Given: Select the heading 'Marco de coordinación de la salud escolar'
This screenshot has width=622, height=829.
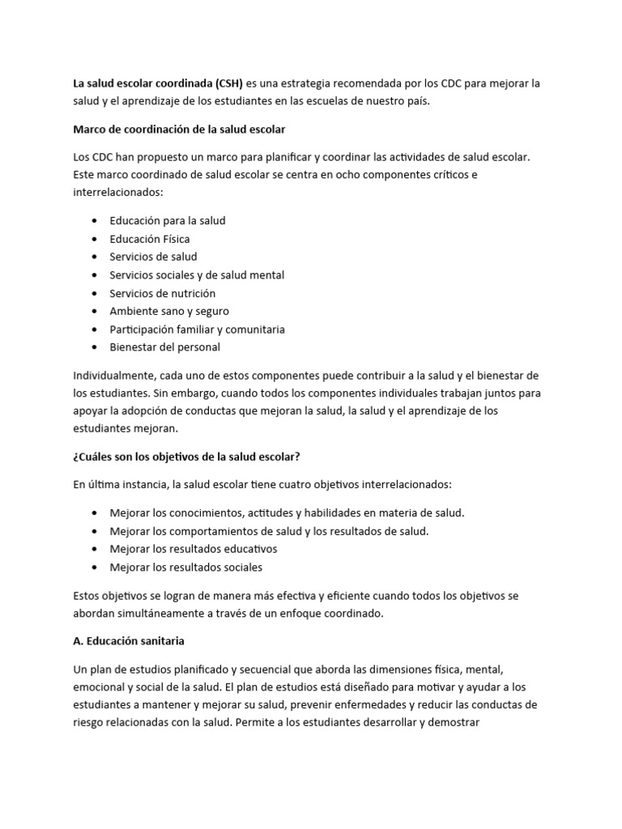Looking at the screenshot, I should (x=179, y=129).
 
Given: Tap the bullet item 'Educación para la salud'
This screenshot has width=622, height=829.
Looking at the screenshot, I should (x=168, y=220).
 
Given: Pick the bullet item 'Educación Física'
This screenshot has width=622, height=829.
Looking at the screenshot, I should (x=150, y=239).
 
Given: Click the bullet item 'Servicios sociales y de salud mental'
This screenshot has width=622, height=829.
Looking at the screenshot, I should (x=197, y=275).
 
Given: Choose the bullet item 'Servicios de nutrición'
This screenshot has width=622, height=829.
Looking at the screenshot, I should (x=163, y=293).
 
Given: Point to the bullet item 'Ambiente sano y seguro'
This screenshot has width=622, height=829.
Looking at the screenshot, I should (x=169, y=311).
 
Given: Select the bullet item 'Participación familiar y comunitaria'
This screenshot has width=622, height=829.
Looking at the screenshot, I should (x=197, y=329).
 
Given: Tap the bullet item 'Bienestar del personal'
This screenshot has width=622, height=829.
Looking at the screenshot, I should (x=164, y=347).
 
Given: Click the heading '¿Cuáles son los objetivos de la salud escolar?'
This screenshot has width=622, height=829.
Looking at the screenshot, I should (x=187, y=457).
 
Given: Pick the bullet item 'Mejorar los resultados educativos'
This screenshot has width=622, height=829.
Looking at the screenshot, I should (x=193, y=549).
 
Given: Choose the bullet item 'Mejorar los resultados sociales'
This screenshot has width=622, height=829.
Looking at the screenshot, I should (x=186, y=568).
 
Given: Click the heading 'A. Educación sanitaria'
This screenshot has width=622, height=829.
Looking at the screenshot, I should (x=130, y=640).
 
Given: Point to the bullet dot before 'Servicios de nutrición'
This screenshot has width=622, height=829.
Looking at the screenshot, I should (x=97, y=293).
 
